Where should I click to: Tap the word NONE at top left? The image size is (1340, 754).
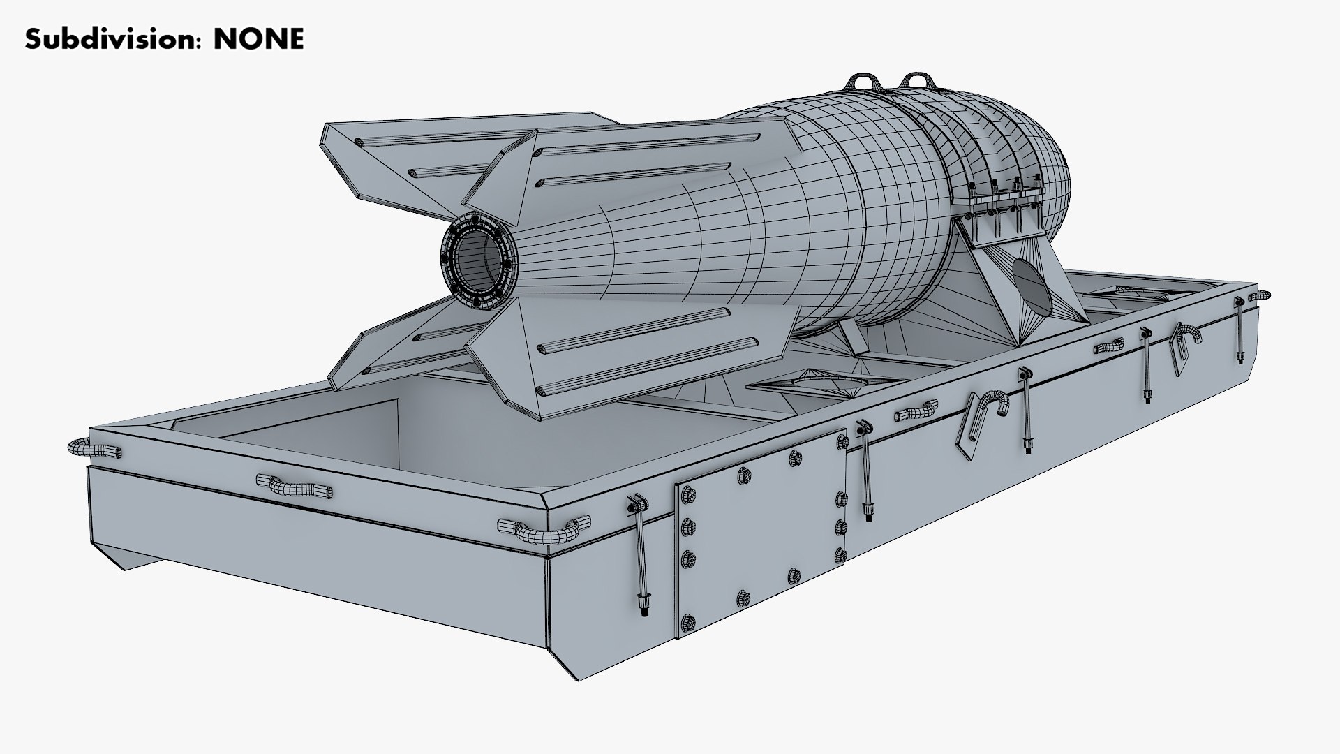coord(259,40)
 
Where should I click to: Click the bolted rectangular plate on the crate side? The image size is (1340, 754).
coord(761,534)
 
